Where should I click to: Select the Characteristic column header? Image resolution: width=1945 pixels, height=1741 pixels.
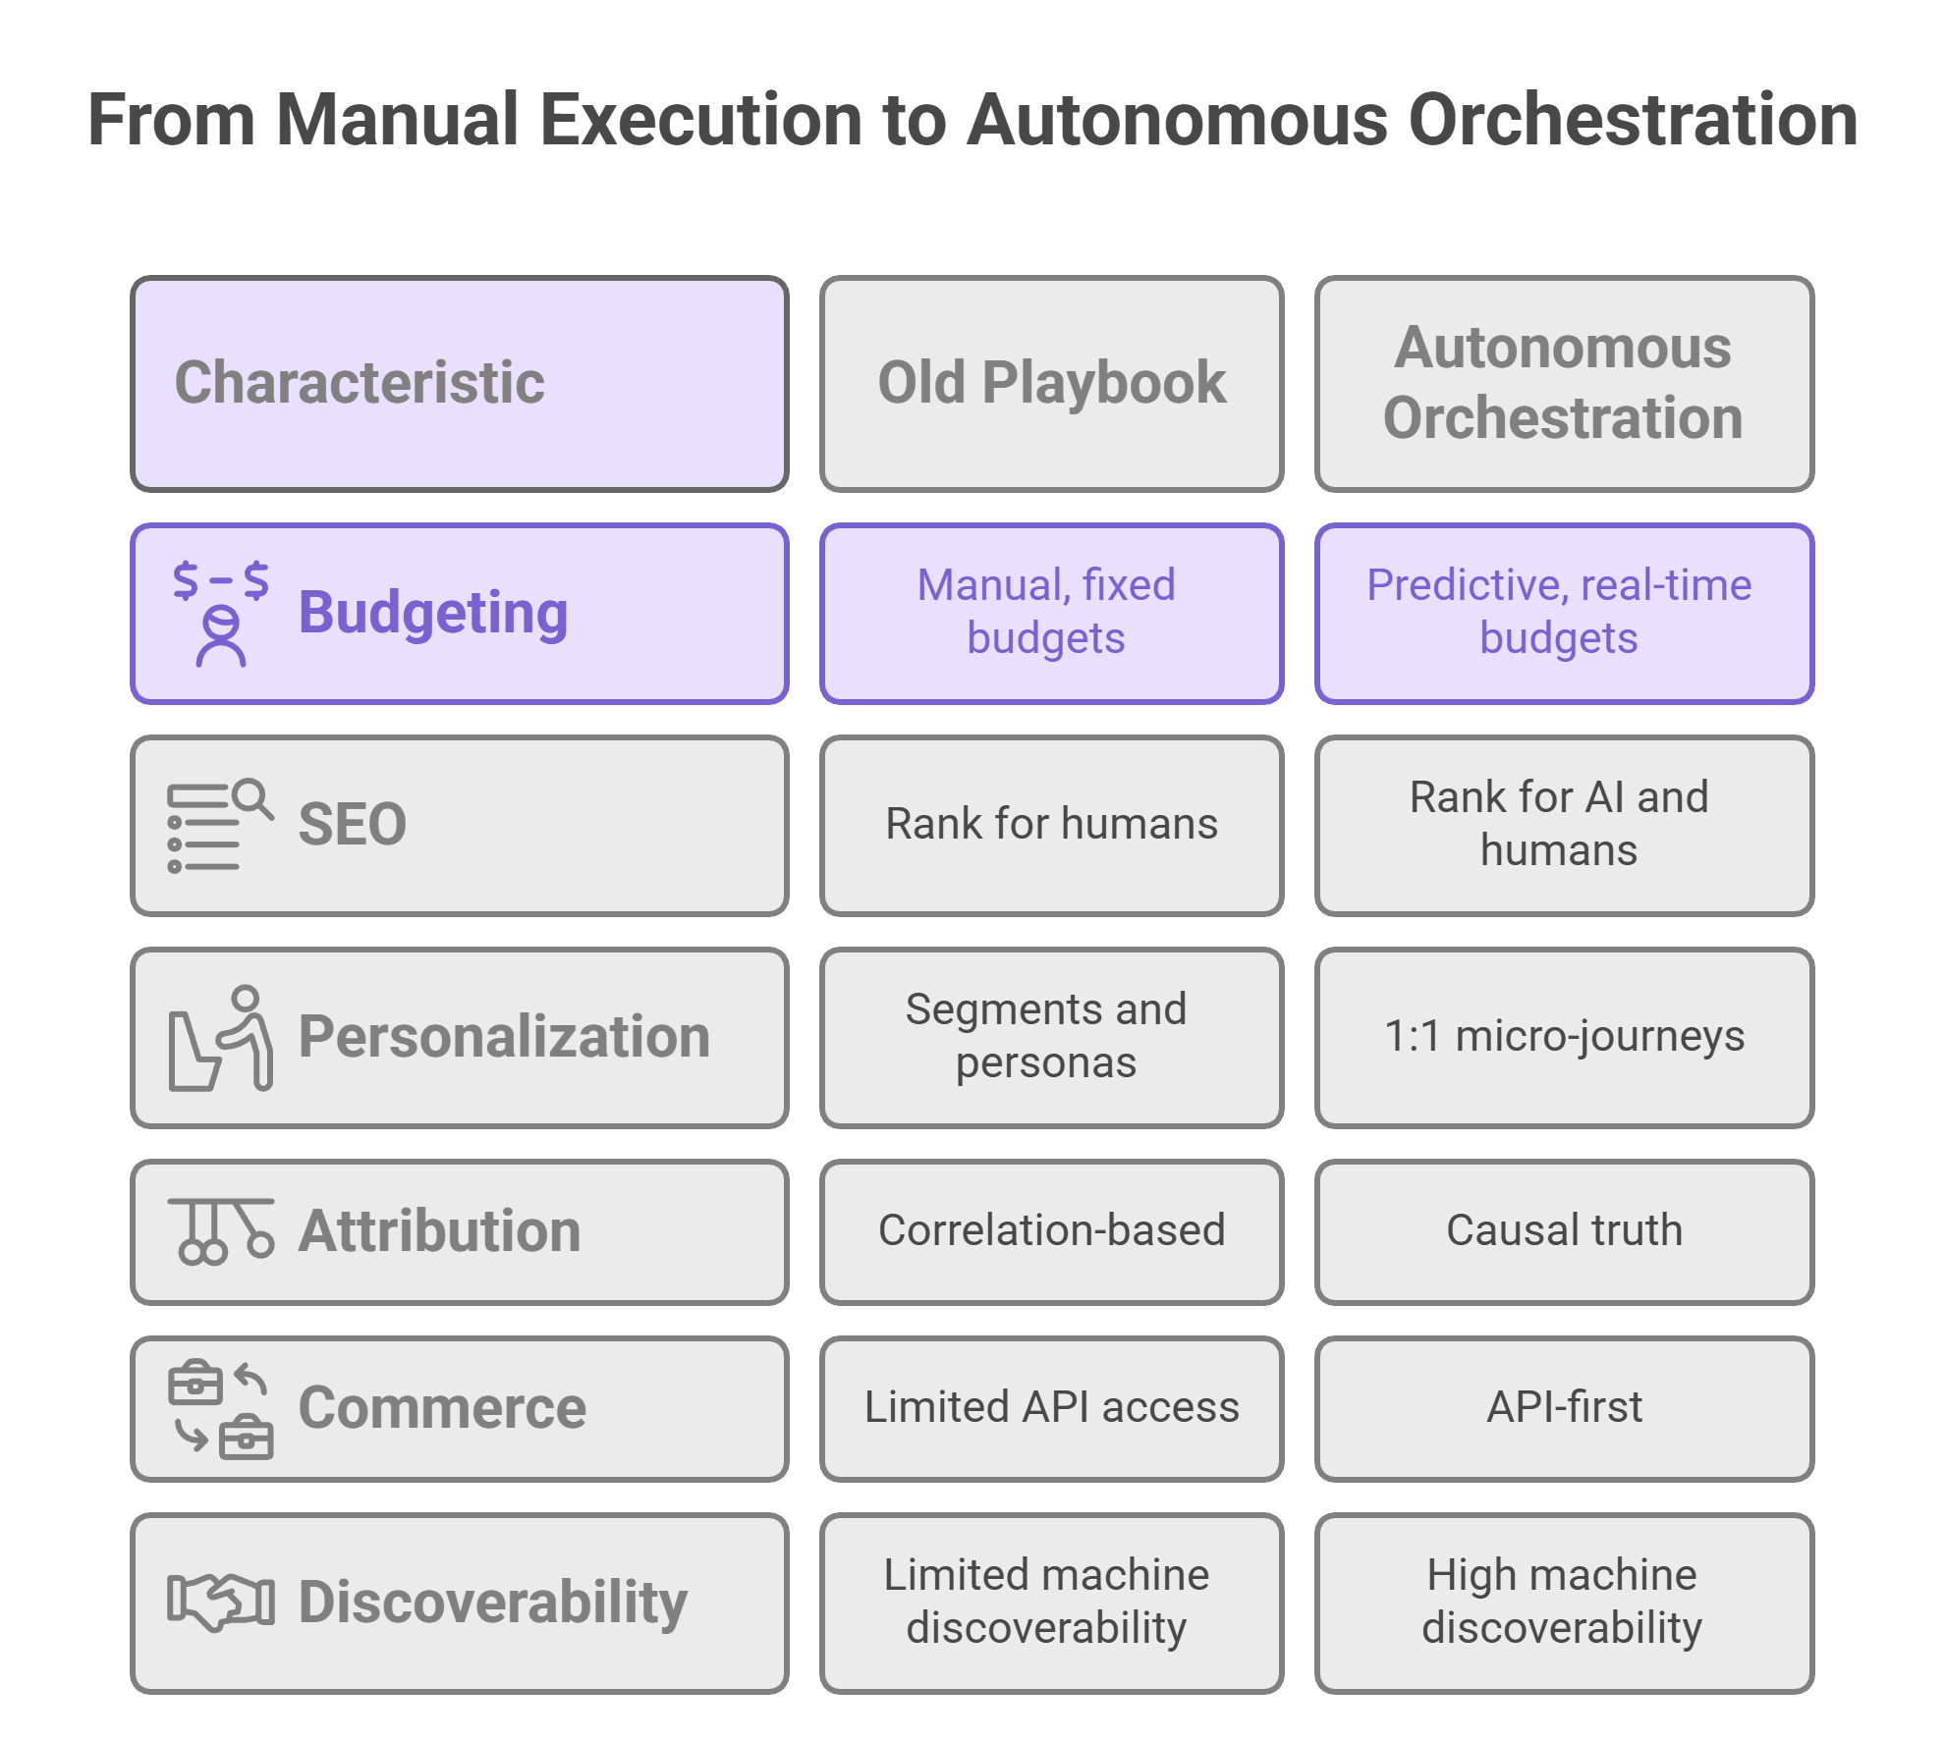[459, 383]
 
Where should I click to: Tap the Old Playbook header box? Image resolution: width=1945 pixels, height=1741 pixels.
[1051, 383]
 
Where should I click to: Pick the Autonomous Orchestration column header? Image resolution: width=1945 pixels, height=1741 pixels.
[1563, 383]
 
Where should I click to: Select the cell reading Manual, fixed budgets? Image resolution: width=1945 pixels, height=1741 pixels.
[1051, 613]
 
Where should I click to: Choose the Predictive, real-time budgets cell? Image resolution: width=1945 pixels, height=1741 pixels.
[1563, 613]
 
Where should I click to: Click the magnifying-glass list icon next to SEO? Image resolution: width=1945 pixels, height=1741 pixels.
[219, 825]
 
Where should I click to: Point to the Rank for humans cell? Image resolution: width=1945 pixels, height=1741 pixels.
[1051, 825]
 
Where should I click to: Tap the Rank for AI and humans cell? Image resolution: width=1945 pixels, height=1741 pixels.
[1563, 825]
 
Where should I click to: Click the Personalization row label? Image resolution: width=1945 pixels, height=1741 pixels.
[503, 1037]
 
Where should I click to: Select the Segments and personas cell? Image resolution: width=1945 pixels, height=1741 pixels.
[1051, 1037]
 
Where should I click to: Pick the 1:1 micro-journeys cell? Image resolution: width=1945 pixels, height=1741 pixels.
[1563, 1037]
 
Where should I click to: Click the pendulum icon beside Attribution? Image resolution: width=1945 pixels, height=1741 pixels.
[220, 1230]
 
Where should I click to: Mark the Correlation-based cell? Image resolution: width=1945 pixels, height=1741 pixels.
[1051, 1231]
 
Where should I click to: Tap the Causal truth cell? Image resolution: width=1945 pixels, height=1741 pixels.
[1563, 1231]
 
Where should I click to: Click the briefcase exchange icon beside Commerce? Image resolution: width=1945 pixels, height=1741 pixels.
[220, 1409]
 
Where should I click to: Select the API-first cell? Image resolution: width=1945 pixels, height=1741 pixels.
[1563, 1408]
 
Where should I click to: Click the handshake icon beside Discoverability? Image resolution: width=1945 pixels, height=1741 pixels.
[220, 1603]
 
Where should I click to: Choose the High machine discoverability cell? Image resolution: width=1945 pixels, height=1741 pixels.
[1563, 1603]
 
